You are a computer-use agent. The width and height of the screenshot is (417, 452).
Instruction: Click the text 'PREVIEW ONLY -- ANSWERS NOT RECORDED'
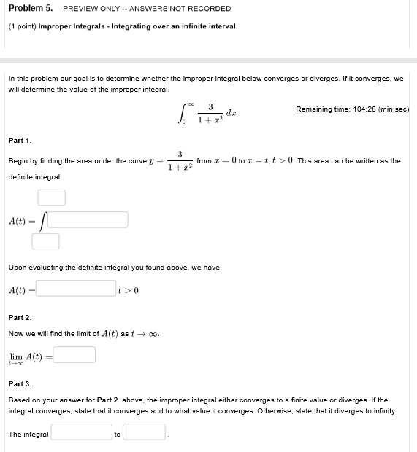pyautogui.click(x=147, y=9)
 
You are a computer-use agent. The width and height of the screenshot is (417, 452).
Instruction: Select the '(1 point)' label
pyautogui.click(x=21, y=26)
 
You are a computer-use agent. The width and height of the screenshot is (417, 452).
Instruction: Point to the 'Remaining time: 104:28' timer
pyautogui.click(x=352, y=109)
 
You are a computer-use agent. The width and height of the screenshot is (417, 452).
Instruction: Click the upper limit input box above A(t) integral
pyautogui.click(x=52, y=198)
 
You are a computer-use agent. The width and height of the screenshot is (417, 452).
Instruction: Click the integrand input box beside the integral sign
pyautogui.click(x=88, y=219)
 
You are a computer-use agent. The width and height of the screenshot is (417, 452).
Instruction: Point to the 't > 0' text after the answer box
pyautogui.click(x=129, y=291)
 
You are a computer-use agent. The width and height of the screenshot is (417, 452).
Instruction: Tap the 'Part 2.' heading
pyautogui.click(x=20, y=318)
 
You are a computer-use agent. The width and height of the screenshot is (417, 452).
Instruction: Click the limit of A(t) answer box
pyautogui.click(x=74, y=354)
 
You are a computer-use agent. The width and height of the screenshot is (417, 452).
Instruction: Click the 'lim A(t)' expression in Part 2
pyautogui.click(x=26, y=356)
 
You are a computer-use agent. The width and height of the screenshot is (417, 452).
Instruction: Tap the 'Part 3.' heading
pyautogui.click(x=20, y=383)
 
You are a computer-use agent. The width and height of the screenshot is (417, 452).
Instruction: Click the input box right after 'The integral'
pyautogui.click(x=81, y=432)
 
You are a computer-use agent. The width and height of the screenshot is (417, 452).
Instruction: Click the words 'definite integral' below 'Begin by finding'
pyautogui.click(x=34, y=177)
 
